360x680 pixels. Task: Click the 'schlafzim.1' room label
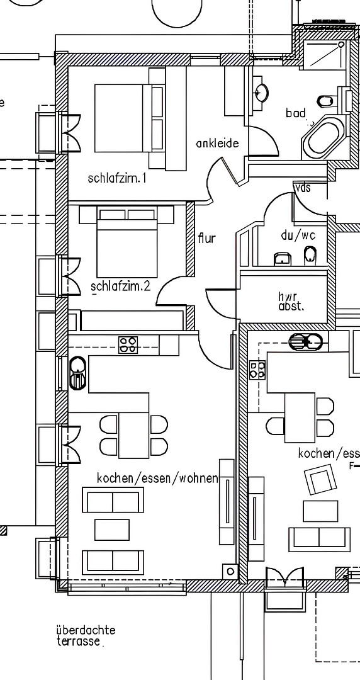(116, 178)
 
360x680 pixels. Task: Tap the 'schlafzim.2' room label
(121, 286)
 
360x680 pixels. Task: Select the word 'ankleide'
(217, 143)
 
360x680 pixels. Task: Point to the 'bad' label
(295, 113)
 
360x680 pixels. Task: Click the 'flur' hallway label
(207, 237)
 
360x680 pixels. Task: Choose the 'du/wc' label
(298, 235)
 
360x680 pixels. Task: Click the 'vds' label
(303, 188)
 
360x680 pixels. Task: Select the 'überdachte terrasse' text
(86, 635)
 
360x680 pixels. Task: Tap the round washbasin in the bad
(262, 92)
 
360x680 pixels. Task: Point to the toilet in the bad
(327, 101)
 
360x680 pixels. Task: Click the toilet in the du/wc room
(310, 256)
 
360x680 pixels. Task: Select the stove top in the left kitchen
(128, 345)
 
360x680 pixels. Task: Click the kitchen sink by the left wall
(77, 373)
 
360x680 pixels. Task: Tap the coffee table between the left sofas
(112, 530)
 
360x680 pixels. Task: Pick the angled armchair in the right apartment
(320, 479)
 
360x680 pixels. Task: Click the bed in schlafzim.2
(127, 242)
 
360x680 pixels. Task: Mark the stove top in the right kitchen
(257, 370)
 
